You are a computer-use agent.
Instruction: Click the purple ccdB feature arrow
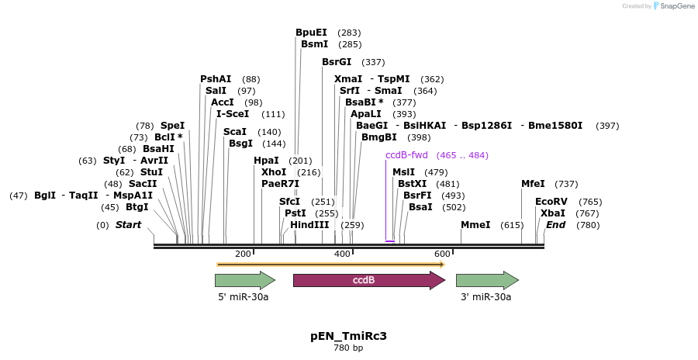pos(364,280)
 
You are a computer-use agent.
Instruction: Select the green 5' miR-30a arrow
pos(245,280)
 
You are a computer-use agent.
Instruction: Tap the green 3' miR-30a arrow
pos(486,280)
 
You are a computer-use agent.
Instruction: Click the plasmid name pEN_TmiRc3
pos(348,336)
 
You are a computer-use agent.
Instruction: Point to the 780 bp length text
pos(348,348)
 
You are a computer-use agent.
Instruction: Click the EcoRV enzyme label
pos(547,201)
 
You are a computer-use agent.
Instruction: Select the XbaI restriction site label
pos(552,213)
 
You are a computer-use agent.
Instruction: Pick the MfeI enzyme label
pos(533,184)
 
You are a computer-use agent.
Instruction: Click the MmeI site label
pos(475,224)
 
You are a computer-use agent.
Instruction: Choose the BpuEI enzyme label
pos(311,33)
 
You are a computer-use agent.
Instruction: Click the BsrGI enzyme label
pos(337,62)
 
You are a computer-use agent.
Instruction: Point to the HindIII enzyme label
pos(309,224)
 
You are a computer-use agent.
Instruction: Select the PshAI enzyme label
pos(216,79)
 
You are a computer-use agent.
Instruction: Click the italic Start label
pos(129,225)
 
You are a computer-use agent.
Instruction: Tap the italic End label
pos(556,225)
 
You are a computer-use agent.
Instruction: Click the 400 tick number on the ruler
pos(342,254)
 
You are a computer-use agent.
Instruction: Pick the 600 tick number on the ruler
pos(442,254)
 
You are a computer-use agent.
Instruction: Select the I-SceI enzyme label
pos(233,114)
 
